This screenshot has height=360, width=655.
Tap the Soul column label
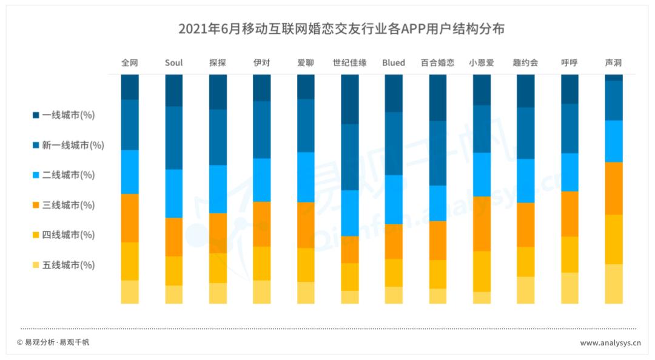click(173, 62)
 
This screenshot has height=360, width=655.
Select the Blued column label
click(394, 62)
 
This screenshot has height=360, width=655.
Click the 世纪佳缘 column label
click(349, 62)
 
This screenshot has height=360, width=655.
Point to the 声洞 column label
click(613, 62)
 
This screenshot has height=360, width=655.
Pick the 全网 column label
click(130, 62)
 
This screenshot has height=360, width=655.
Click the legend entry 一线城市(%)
click(63, 115)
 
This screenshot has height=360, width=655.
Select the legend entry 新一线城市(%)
click(67, 145)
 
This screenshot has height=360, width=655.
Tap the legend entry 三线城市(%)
click(63, 205)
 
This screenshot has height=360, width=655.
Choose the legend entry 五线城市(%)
click(63, 265)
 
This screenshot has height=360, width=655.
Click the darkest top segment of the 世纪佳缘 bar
click(349, 99)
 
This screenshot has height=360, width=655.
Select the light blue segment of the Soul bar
click(173, 193)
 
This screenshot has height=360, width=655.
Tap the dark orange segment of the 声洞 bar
click(613, 188)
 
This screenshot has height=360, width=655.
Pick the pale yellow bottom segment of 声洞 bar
click(613, 284)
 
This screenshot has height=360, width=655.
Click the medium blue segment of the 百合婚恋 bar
click(437, 153)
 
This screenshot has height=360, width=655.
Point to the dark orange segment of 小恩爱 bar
click(482, 224)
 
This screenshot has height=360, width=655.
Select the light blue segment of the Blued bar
click(394, 199)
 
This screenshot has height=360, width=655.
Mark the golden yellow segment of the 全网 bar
click(130, 261)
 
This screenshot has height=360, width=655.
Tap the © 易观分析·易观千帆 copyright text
click(53, 342)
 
